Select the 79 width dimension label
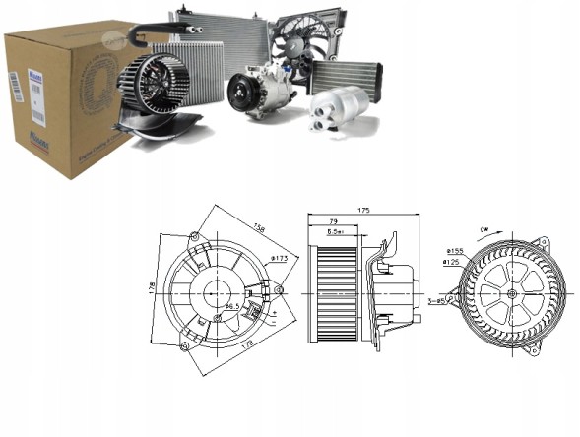333,221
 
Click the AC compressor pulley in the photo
241,94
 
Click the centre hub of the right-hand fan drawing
513,293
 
